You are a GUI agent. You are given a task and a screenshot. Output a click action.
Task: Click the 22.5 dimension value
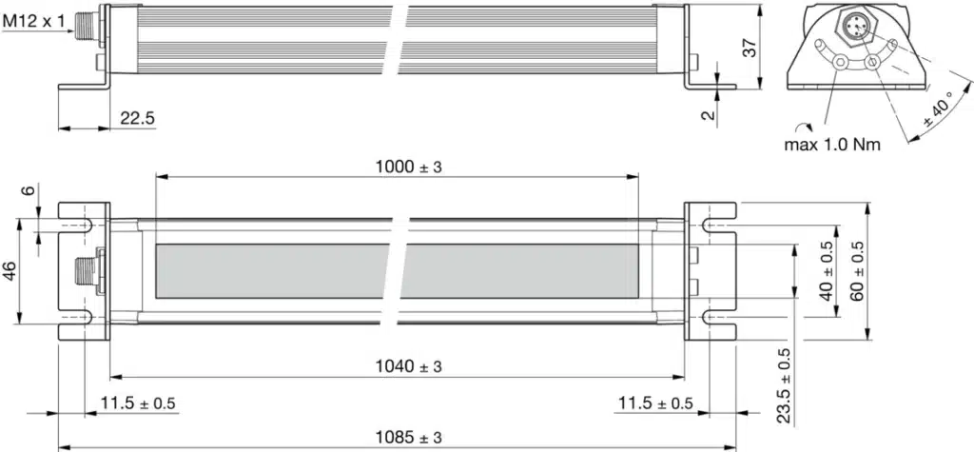tap(138, 118)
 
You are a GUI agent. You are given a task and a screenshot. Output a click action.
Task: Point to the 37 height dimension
tap(750, 48)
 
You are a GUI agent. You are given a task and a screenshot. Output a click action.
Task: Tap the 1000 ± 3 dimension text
tap(408, 167)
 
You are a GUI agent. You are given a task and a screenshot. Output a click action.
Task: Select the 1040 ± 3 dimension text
tap(408, 365)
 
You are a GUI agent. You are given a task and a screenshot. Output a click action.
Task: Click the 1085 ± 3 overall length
tap(408, 437)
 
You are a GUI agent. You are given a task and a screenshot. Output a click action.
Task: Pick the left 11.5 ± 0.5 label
tap(138, 403)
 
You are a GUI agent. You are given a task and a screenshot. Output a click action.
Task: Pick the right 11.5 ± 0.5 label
tap(655, 403)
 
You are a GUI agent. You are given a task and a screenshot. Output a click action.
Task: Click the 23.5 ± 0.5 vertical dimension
tap(784, 385)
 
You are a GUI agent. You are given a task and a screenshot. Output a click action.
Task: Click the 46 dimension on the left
tap(9, 271)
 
